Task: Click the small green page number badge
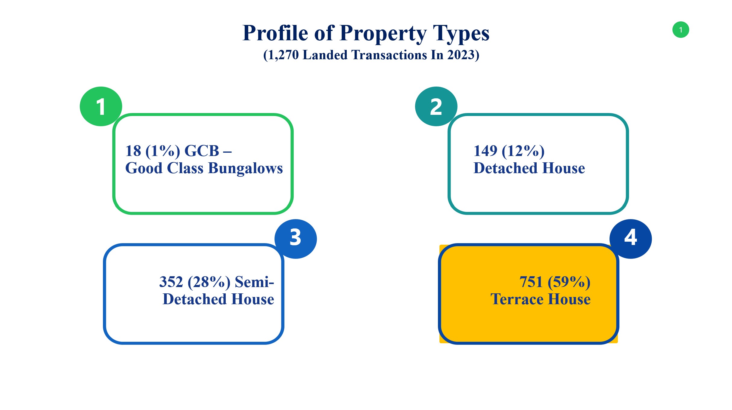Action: coord(681,30)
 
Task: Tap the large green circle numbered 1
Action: coord(101,106)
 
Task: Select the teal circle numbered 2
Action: coord(436,106)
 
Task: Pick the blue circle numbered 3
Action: coord(296,239)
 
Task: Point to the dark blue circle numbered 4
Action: coord(631,239)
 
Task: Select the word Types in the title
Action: coord(461,34)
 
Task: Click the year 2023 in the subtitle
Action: coord(461,55)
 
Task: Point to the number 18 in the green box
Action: coord(133,151)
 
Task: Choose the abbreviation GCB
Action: coord(202,151)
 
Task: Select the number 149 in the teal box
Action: coord(485,151)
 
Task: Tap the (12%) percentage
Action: coord(523,151)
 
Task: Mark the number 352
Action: coord(171,282)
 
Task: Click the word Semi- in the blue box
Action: coord(254,282)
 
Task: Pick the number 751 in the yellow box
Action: coord(531,282)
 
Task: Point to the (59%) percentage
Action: coord(569,282)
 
